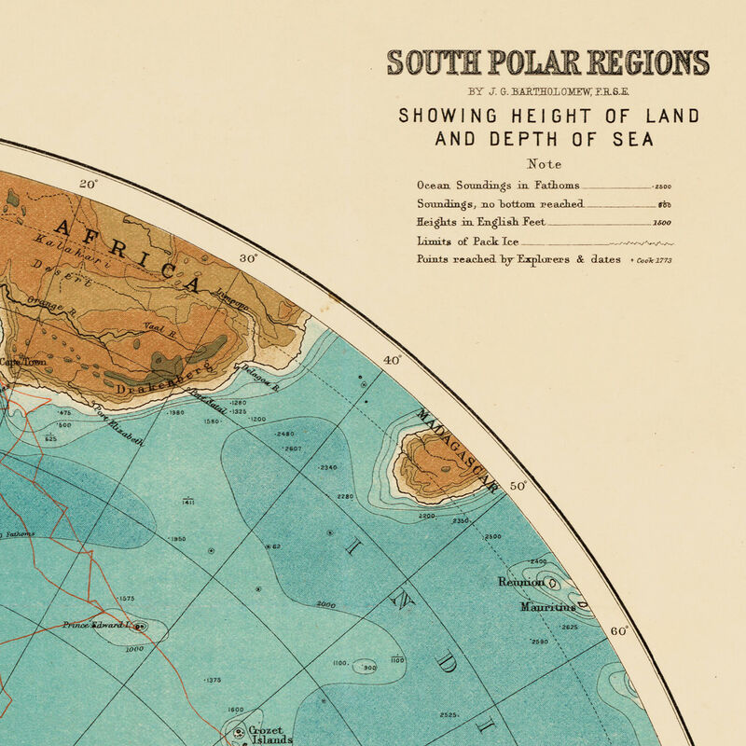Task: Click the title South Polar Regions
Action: pyautogui.click(x=547, y=62)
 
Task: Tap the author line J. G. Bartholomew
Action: pyautogui.click(x=547, y=91)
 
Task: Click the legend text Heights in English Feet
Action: pyautogui.click(x=480, y=223)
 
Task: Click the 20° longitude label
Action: pyautogui.click(x=88, y=185)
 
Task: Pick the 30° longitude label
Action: pyautogui.click(x=248, y=259)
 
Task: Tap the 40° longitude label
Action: pyautogui.click(x=391, y=360)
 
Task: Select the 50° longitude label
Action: pyautogui.click(x=518, y=486)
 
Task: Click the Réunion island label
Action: pyautogui.click(x=520, y=583)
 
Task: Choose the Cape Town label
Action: pyautogui.click(x=17, y=362)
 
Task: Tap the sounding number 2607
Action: pyautogui.click(x=293, y=449)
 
